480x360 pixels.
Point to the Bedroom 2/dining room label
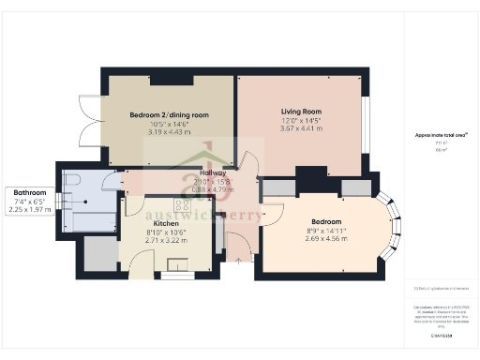point(169,115)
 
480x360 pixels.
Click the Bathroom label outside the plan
point(30,192)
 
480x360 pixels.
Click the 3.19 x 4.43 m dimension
point(169,132)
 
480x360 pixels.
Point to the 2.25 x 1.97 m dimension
point(30,210)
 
